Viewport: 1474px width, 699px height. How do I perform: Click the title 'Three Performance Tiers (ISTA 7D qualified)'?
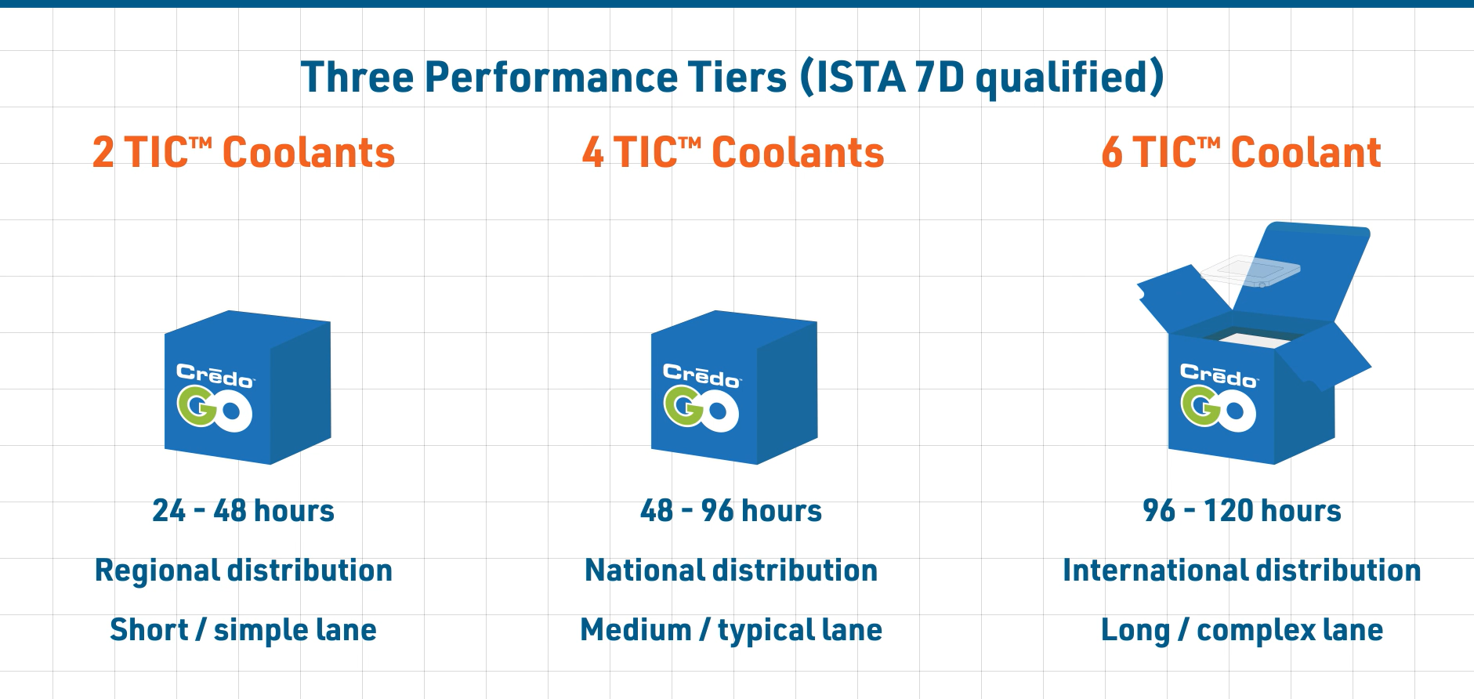pos(733,78)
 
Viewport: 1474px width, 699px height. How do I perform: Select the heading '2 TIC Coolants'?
pos(244,152)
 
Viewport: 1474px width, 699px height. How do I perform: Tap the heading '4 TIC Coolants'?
pos(733,152)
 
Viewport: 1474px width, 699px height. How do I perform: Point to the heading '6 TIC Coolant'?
pos(1241,152)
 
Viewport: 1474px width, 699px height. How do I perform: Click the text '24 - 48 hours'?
pos(244,511)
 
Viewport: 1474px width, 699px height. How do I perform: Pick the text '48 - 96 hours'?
pos(731,511)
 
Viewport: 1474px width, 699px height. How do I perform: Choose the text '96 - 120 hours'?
pos(1242,511)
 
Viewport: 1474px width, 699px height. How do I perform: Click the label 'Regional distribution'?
pos(244,570)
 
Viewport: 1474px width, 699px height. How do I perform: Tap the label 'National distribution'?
pos(731,570)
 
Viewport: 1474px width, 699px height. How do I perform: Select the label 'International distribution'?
pos(1242,570)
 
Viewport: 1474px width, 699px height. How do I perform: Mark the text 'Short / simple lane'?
pos(244,630)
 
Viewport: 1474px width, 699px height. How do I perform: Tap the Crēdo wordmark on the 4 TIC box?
pos(701,376)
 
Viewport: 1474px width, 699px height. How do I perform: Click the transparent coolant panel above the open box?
pos(1251,270)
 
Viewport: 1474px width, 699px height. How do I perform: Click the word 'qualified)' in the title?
pos(1070,78)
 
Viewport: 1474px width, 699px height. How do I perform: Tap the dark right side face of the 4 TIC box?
pos(788,392)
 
